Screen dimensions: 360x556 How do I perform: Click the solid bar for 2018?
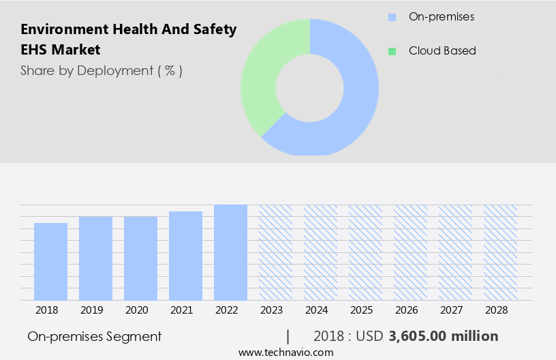point(50,262)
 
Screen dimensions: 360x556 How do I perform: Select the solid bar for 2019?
point(95,258)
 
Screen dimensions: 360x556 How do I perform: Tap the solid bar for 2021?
point(185,256)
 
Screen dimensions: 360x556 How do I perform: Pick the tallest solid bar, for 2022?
point(230,252)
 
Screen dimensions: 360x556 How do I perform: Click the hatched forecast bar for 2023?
point(275,252)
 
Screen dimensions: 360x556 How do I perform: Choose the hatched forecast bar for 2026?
point(410,252)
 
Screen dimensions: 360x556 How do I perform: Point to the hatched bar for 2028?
point(500,252)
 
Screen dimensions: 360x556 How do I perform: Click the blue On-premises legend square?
point(392,16)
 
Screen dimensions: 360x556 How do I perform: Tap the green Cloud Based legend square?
point(392,51)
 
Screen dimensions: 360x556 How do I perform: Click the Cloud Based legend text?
point(442,51)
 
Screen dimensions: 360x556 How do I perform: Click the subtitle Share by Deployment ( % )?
point(101,70)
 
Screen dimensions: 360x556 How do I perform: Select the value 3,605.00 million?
point(444,336)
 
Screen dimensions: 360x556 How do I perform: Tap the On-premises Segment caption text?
point(95,336)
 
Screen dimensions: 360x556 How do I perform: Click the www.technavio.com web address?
point(286,352)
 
